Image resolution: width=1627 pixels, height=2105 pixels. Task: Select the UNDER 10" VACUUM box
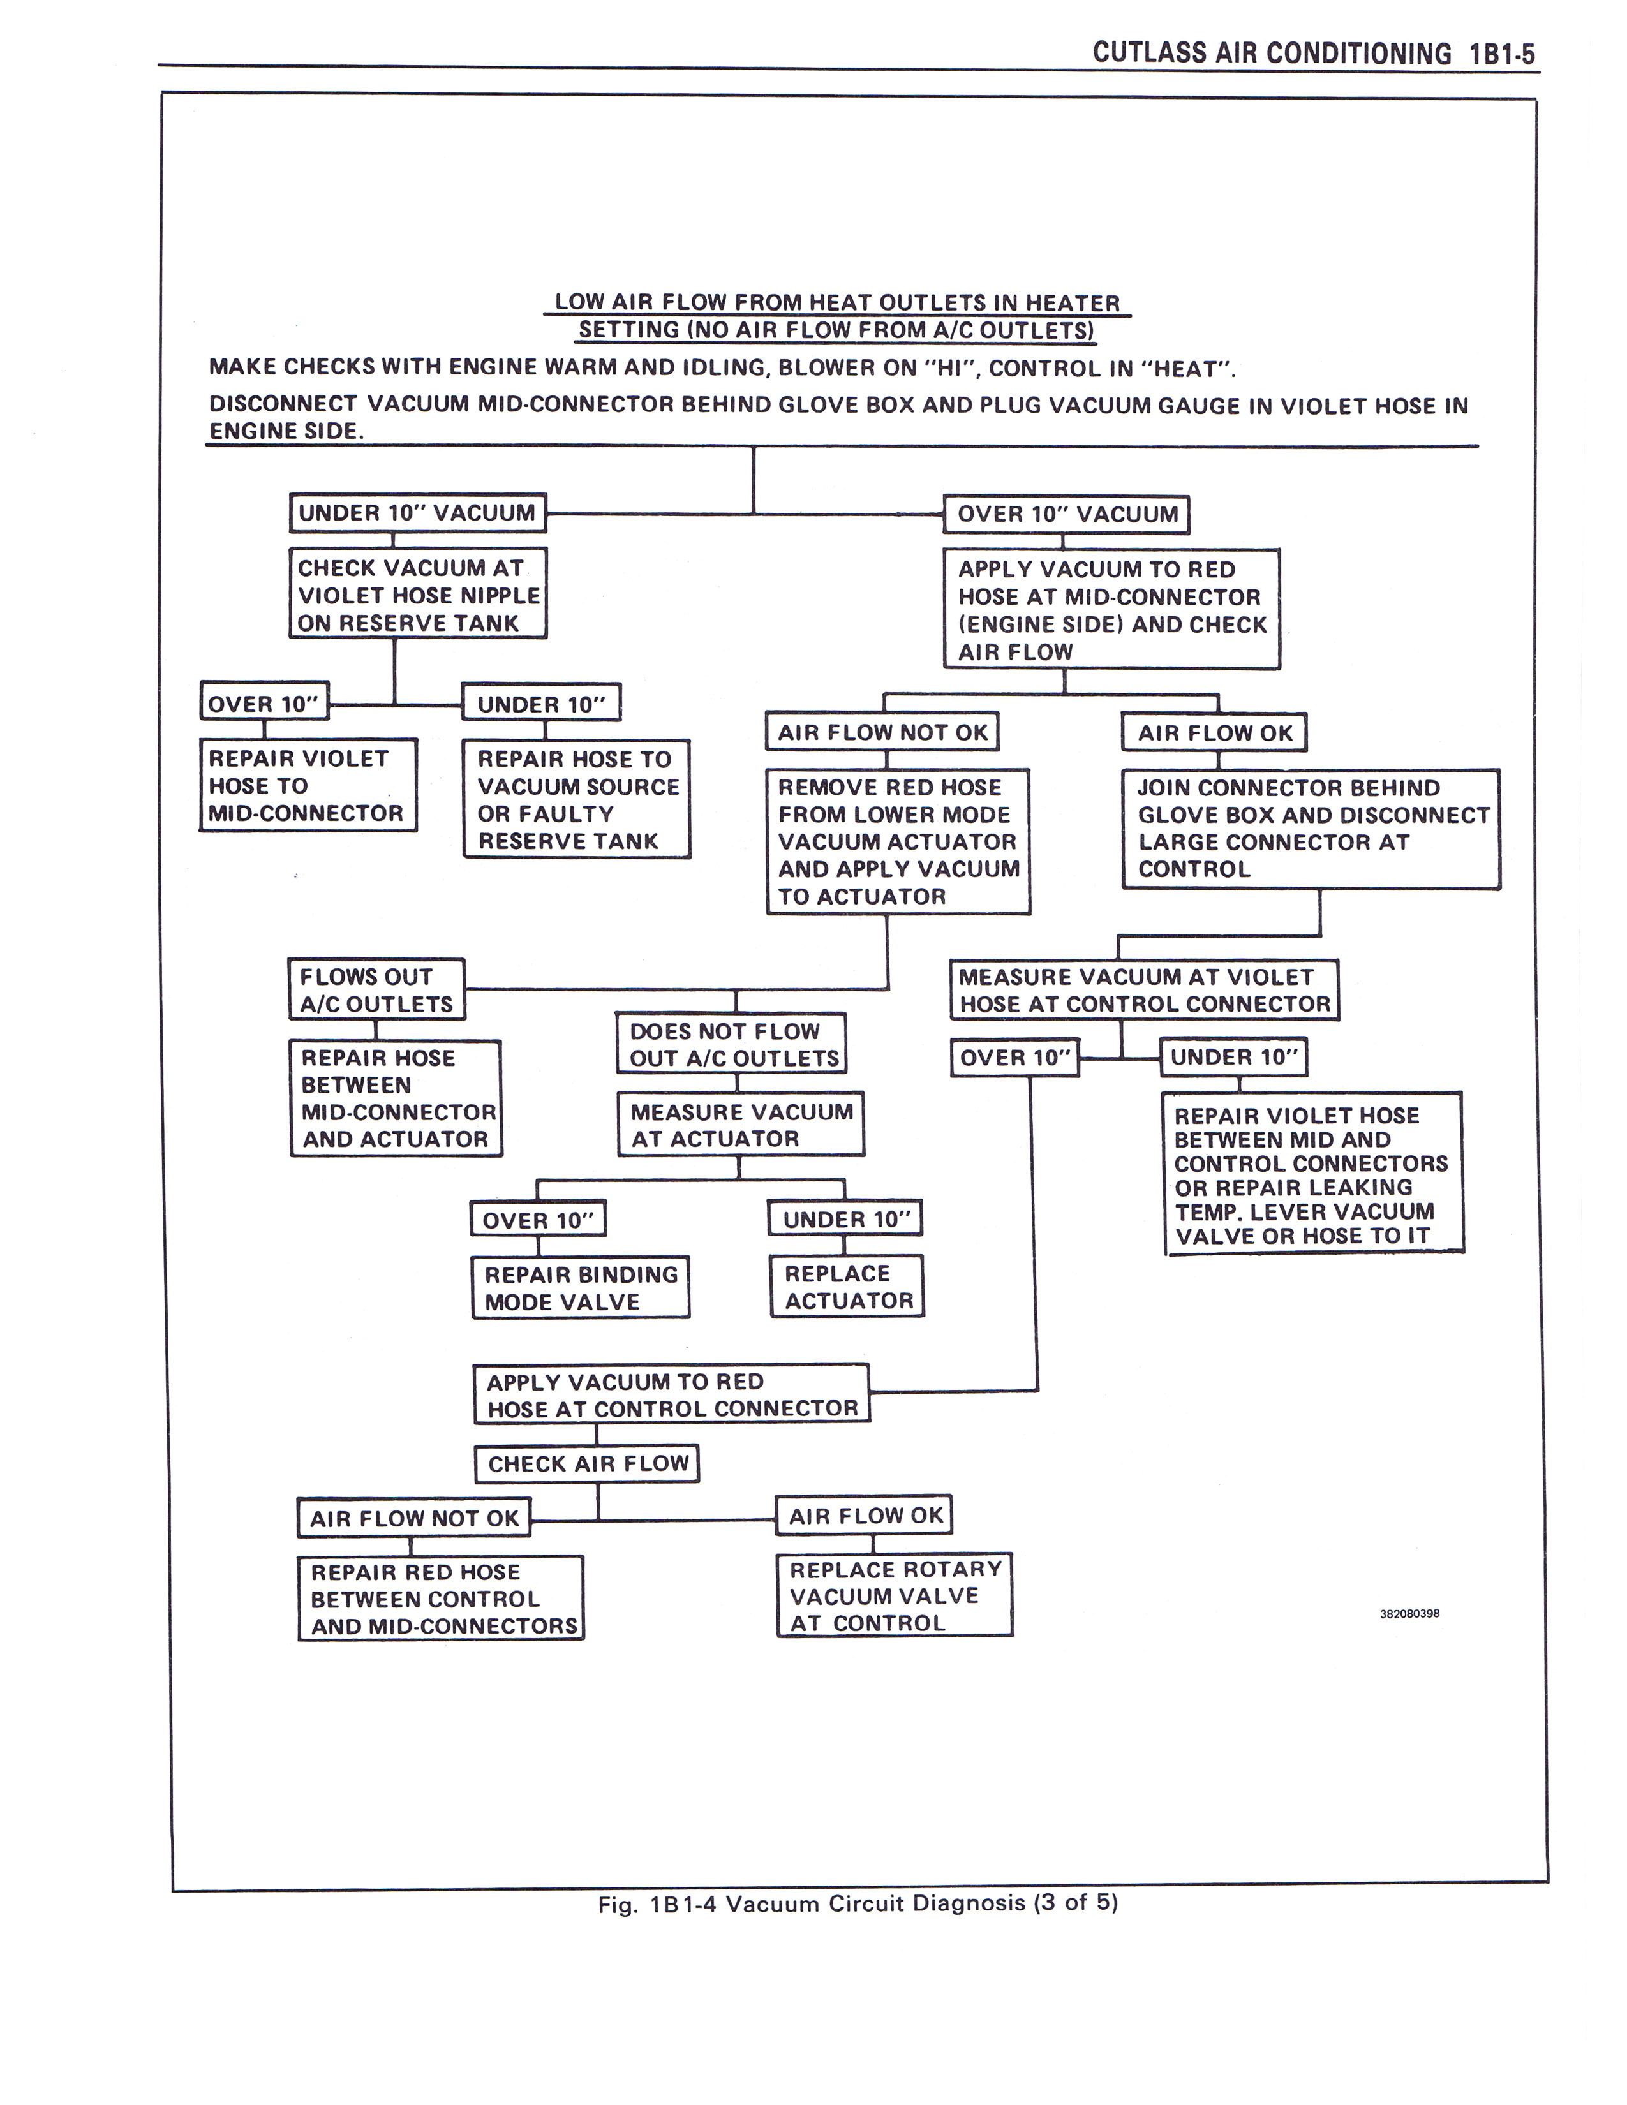417,513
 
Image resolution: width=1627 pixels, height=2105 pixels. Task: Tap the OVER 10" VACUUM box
1066,513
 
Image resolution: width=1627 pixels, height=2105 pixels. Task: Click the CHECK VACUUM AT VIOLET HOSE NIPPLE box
419,594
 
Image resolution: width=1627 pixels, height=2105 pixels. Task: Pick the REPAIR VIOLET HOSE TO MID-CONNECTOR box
308,785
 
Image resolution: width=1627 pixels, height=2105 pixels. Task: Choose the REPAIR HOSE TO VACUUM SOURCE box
576,799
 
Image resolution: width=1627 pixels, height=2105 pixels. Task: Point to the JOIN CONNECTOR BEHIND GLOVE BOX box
1311,829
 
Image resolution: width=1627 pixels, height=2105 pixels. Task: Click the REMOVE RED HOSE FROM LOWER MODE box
898,841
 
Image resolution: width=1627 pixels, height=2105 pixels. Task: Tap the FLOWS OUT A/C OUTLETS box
377,989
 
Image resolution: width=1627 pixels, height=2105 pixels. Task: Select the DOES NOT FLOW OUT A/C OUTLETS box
732,1044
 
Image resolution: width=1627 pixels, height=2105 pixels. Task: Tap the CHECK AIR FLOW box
587,1463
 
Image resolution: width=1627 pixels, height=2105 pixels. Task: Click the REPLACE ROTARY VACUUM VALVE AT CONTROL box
895,1595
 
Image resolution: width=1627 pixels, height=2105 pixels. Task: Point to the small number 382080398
1409,1613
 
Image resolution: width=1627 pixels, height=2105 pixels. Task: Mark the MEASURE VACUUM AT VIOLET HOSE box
1144,990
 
